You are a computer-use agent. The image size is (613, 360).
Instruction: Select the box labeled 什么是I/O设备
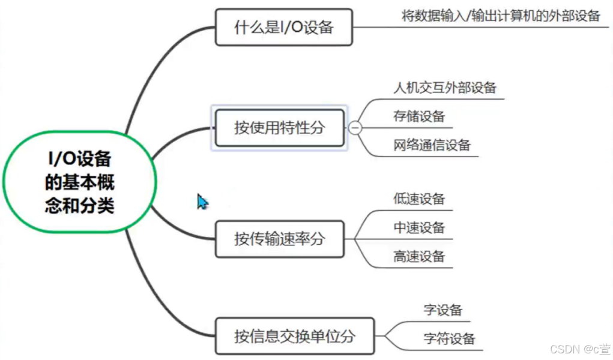[x=283, y=27]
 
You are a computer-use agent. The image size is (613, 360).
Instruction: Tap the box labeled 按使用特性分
[x=279, y=127]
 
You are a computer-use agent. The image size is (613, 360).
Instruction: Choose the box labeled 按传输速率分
[x=279, y=239]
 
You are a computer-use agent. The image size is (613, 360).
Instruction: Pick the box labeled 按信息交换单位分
[x=294, y=336]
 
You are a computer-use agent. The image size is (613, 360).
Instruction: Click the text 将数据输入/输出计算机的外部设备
[x=501, y=16]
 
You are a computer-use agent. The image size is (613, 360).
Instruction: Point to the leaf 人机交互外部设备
[x=445, y=88]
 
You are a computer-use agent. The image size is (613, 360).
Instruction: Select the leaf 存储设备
[x=419, y=116]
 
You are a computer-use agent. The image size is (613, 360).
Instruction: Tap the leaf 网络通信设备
[x=432, y=145]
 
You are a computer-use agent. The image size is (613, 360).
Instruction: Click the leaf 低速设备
[x=419, y=199]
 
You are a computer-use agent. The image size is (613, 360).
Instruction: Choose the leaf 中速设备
[x=419, y=228]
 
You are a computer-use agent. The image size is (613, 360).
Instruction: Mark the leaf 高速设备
[x=419, y=257]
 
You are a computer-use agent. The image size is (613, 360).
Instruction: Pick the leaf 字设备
[x=443, y=310]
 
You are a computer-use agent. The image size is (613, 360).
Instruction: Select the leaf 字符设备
[x=449, y=338]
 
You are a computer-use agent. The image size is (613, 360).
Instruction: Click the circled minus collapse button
[x=355, y=127]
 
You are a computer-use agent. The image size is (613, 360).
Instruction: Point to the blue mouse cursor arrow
[x=202, y=202]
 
